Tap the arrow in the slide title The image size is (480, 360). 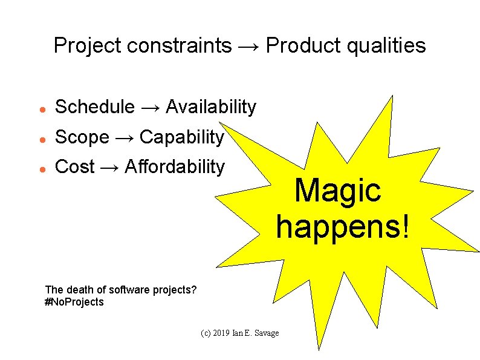[x=248, y=46]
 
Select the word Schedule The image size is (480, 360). [x=94, y=107]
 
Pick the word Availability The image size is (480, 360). [x=210, y=107]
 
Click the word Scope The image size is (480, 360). [x=82, y=137]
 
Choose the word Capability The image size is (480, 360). [x=181, y=137]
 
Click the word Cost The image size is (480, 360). [x=75, y=167]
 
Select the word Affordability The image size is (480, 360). [x=174, y=167]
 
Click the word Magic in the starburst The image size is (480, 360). [x=338, y=191]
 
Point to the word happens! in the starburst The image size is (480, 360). [x=343, y=226]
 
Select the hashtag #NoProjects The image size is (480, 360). [x=74, y=302]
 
